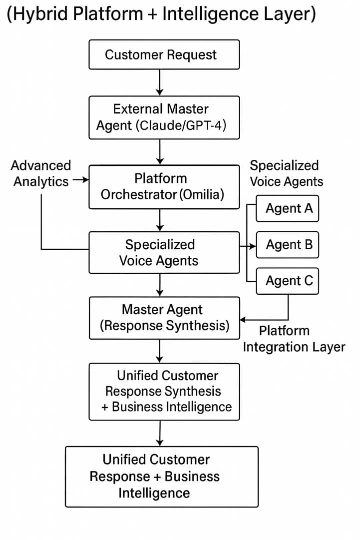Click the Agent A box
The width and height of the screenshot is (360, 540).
[x=287, y=208]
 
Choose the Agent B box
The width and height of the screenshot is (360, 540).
[x=287, y=245]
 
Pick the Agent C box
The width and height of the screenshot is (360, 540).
[x=287, y=281]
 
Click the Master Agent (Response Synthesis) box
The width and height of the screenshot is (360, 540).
[x=164, y=318]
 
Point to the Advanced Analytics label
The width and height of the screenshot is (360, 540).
[x=41, y=173]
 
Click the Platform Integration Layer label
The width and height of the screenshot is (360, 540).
[x=294, y=339]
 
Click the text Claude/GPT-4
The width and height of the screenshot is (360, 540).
[x=181, y=125]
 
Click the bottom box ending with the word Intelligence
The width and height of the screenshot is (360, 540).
[x=162, y=477]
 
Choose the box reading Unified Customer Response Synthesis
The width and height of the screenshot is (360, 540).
[x=164, y=391]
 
